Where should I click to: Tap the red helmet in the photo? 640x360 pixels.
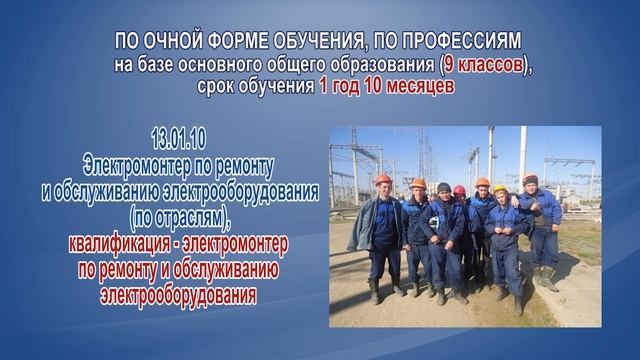tap(459, 190)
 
